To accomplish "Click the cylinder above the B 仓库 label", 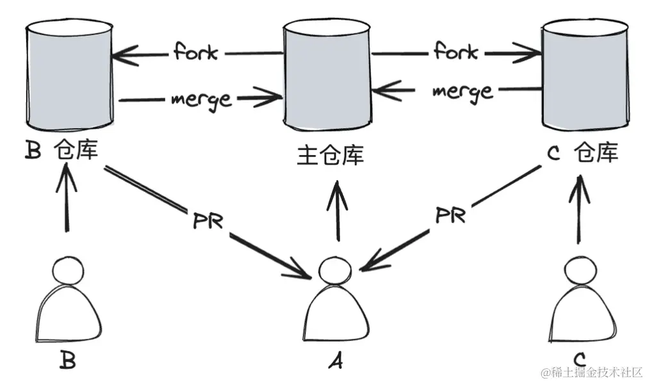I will click(x=69, y=74).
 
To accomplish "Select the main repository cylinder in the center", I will click(x=327, y=74).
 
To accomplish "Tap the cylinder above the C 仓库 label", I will click(x=584, y=74).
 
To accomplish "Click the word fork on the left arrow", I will click(x=195, y=52).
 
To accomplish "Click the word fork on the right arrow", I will click(x=455, y=51).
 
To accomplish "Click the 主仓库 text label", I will click(x=330, y=155).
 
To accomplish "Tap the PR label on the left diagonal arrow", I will click(x=208, y=220).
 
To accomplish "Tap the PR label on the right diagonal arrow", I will click(x=450, y=215).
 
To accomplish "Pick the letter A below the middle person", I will click(x=334, y=362).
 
